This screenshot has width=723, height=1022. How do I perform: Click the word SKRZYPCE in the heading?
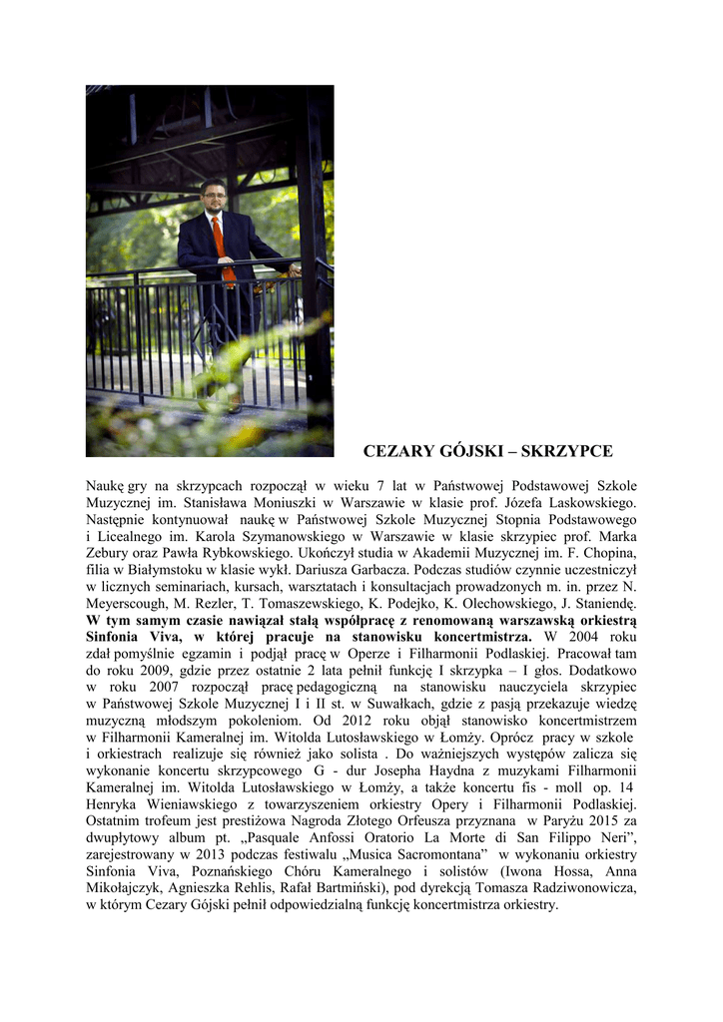[565, 450]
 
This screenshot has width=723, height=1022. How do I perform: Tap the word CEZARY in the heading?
[396, 450]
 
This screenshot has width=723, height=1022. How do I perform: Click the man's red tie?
[219, 244]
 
